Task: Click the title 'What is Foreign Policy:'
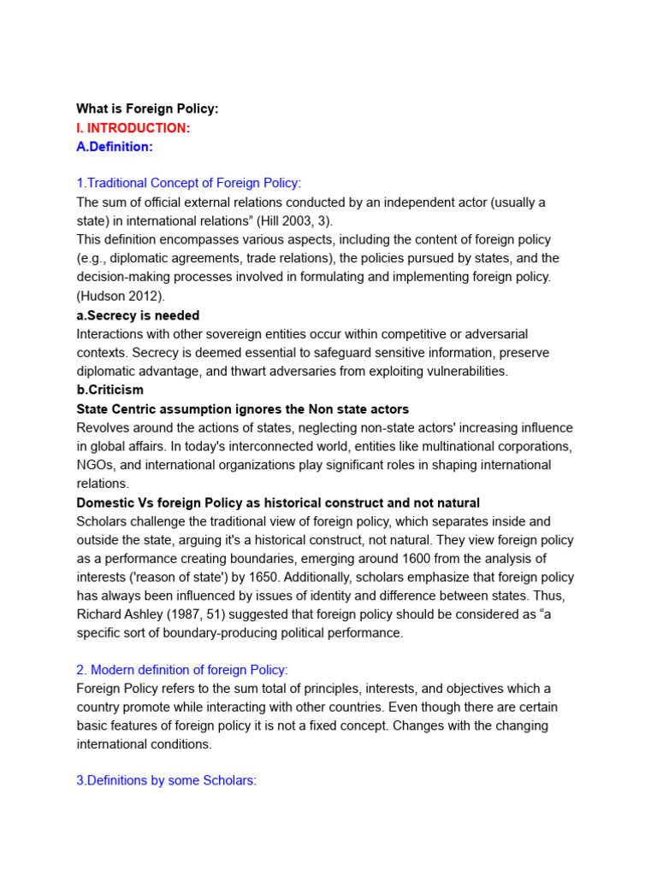[147, 109]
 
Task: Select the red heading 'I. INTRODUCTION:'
[133, 127]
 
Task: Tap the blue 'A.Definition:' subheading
[115, 146]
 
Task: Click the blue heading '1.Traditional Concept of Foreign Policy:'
[189, 183]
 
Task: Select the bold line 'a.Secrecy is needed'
[138, 315]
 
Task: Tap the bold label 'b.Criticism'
[110, 390]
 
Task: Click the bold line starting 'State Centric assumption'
[243, 409]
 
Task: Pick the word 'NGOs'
[93, 465]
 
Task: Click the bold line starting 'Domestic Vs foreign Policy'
[278, 502]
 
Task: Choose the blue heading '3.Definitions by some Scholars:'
[166, 781]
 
